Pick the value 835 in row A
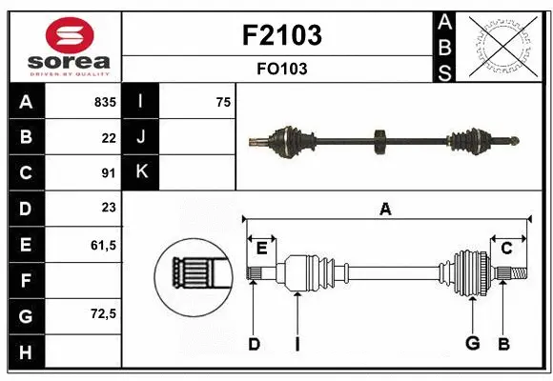pyautogui.click(x=104, y=102)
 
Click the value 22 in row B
pyautogui.click(x=108, y=137)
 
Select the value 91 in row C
pyautogui.click(x=108, y=172)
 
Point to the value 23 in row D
pyautogui.click(x=108, y=208)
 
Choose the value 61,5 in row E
pyautogui.click(x=103, y=244)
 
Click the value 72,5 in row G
pyautogui.click(x=103, y=313)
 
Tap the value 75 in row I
pyautogui.click(x=223, y=102)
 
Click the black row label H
pyautogui.click(x=25, y=351)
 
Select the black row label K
pyautogui.click(x=141, y=172)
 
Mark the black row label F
pyautogui.click(x=25, y=280)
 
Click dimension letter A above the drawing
pyautogui.click(x=385, y=209)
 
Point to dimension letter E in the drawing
pyautogui.click(x=261, y=248)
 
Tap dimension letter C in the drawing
pyautogui.click(x=506, y=248)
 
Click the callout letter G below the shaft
pyautogui.click(x=471, y=345)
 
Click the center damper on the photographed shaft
pyautogui.click(x=379, y=142)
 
